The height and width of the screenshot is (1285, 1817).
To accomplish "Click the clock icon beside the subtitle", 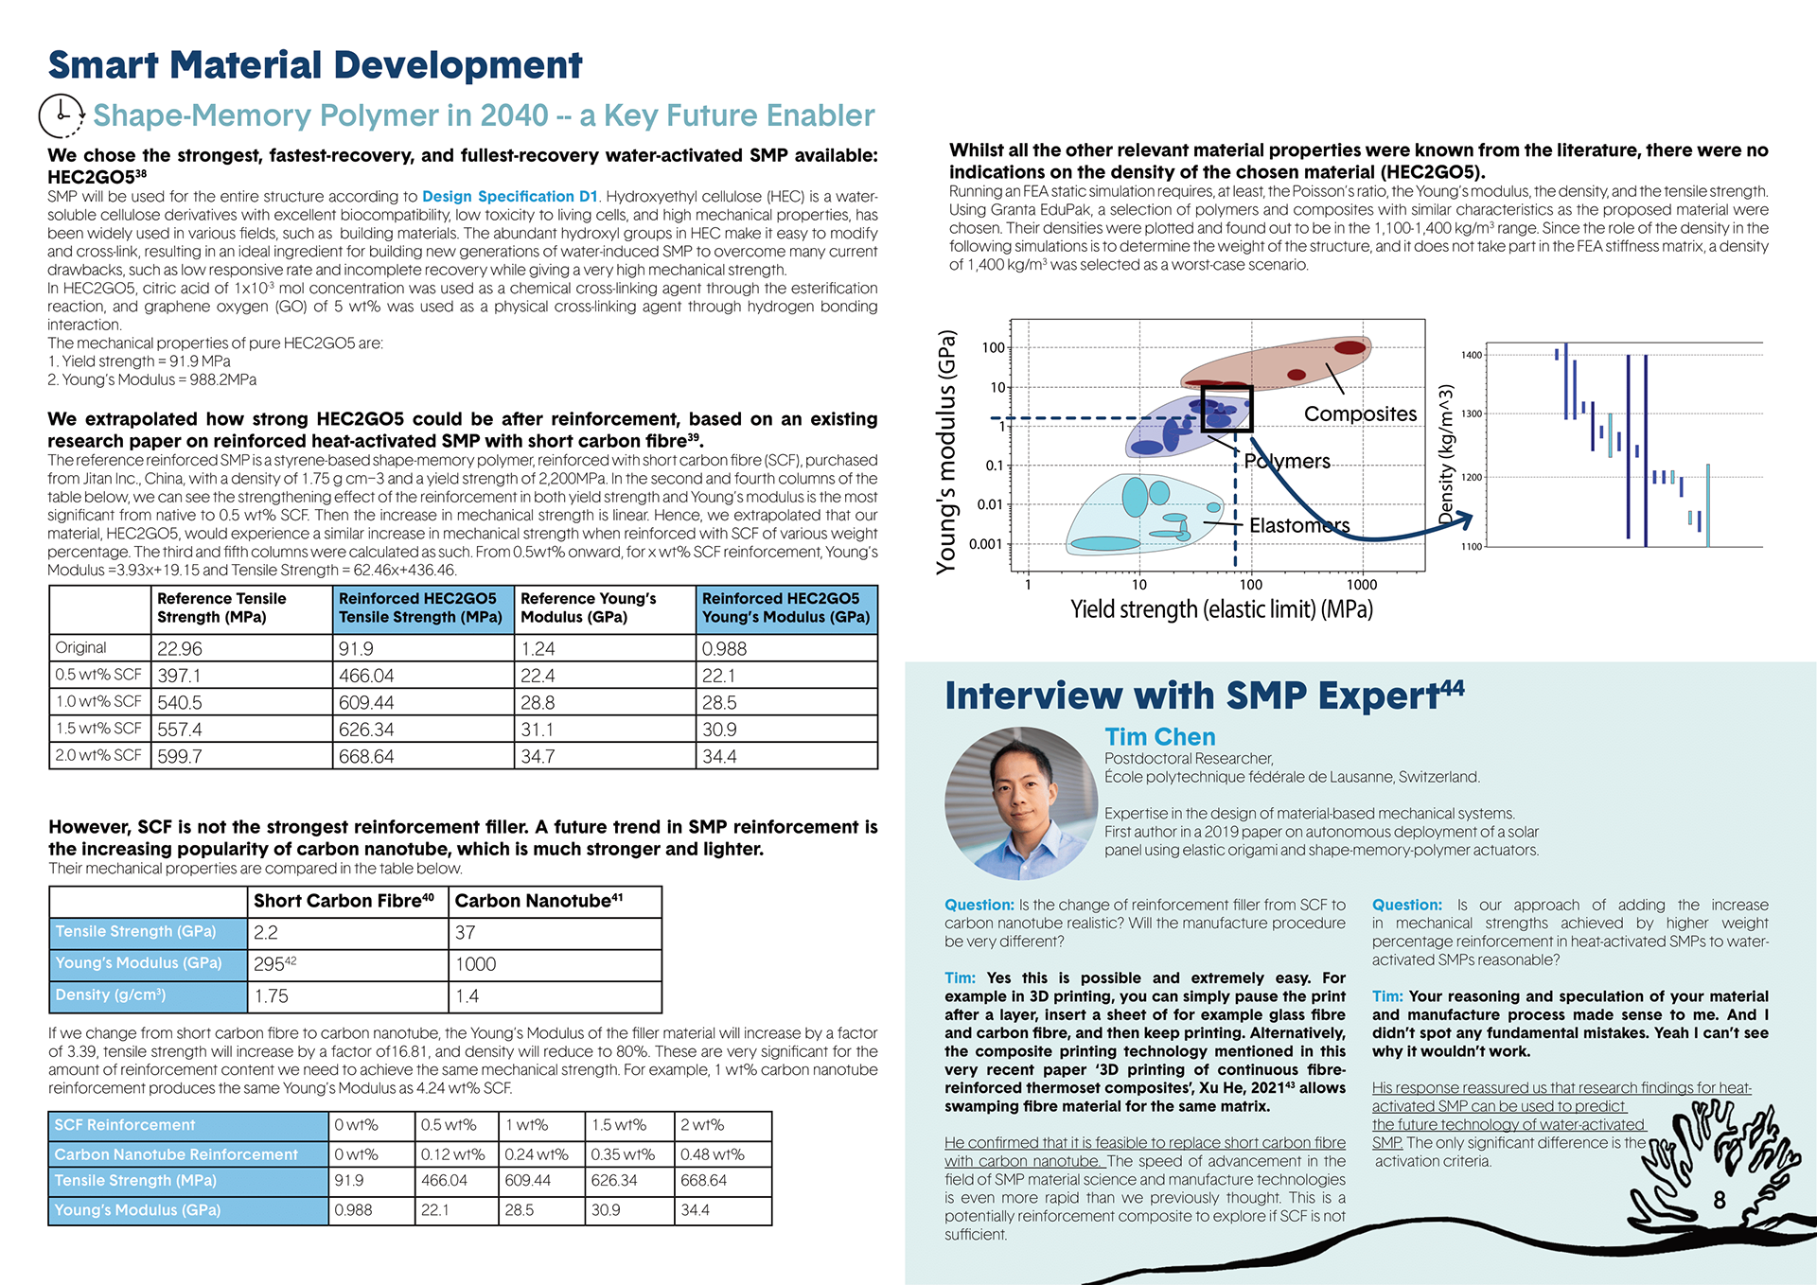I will click(62, 115).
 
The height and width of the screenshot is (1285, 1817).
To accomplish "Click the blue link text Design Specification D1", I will click(509, 197).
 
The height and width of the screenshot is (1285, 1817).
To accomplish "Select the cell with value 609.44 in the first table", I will click(423, 703).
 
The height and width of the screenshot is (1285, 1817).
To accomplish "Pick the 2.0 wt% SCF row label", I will click(99, 755).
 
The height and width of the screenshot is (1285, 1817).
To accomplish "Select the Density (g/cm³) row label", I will click(148, 995).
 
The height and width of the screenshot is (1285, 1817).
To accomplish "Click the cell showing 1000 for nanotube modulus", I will click(554, 964).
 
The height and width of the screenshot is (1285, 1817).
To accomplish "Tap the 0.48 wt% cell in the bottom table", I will click(721, 1154).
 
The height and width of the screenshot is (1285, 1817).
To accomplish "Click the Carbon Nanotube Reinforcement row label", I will click(187, 1154).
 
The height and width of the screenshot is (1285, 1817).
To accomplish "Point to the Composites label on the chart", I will click(1360, 414).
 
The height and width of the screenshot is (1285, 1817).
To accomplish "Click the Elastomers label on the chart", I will click(1298, 526).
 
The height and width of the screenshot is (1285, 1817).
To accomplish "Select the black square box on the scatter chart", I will click(1226, 409).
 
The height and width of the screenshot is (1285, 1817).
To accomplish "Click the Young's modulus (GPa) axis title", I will click(946, 451).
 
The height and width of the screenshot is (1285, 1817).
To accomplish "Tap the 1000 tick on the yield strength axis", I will click(1362, 585).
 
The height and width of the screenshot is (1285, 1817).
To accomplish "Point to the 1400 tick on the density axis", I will click(1472, 356).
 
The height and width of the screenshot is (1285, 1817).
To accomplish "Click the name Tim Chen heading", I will click(1159, 737).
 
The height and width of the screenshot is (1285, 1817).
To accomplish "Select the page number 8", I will click(1720, 1200).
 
